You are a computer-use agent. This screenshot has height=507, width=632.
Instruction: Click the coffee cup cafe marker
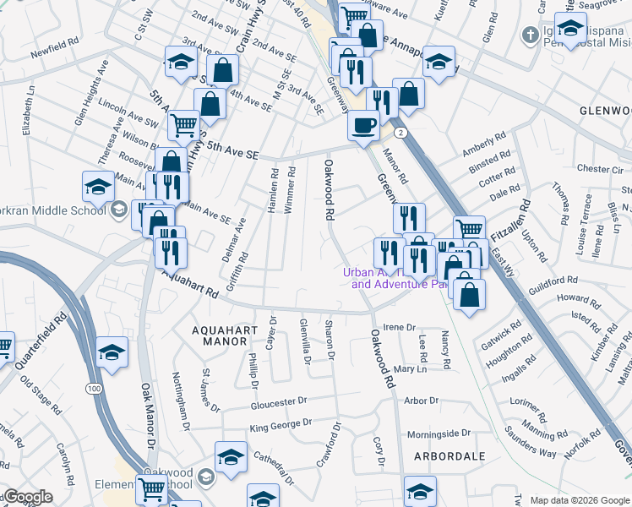[x=363, y=126]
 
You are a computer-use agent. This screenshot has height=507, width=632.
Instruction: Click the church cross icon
[x=529, y=35]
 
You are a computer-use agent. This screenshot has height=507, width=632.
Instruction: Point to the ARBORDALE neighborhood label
[x=449, y=456]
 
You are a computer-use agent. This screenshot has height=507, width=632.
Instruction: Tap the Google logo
[x=27, y=497]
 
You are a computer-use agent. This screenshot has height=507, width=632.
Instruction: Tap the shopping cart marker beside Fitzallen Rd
[x=469, y=227]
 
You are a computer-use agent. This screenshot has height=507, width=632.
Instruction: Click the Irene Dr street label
[x=400, y=327]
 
